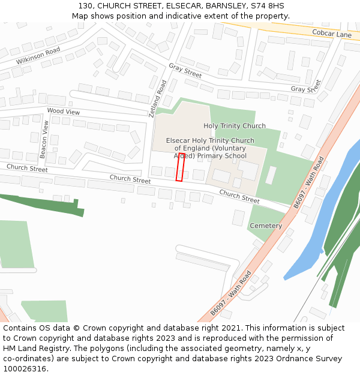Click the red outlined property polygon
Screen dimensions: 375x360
[180, 167]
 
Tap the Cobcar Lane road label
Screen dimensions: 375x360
[331, 34]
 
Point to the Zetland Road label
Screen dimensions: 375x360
[157, 98]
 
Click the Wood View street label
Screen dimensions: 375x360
[63, 112]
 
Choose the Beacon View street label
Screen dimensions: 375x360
[44, 139]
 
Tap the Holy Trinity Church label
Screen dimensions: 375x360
[235, 126]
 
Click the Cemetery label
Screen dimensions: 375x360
[266, 226]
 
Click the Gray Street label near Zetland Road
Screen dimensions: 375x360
[185, 70]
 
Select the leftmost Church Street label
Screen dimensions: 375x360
[27, 168]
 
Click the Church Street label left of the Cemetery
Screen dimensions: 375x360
[239, 196]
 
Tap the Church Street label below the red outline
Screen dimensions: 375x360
[130, 179]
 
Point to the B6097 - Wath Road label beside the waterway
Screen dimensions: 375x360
[308, 182]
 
